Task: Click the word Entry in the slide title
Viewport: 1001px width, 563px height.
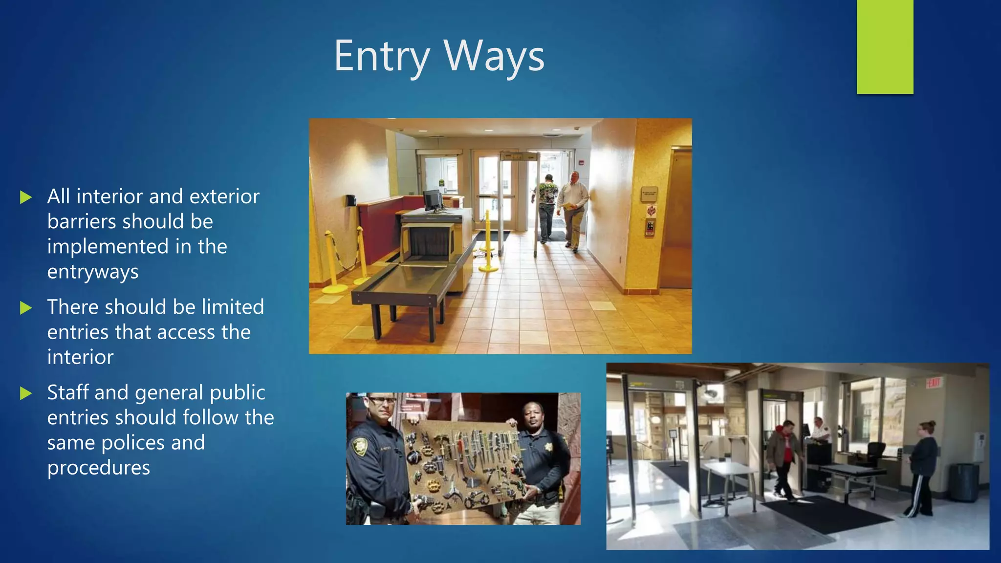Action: coord(381,57)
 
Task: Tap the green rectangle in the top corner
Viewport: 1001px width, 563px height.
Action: coord(885,46)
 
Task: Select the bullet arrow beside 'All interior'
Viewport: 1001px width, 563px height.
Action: coord(26,197)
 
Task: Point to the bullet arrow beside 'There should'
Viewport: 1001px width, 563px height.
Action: coord(26,308)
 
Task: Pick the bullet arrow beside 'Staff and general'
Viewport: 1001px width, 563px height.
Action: coord(26,393)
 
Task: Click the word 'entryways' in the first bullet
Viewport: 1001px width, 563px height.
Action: coord(93,272)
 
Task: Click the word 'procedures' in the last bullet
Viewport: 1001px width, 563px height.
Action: coord(99,468)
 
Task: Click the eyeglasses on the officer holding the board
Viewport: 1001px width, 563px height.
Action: coord(381,402)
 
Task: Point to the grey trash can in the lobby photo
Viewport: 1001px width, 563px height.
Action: coord(963,482)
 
